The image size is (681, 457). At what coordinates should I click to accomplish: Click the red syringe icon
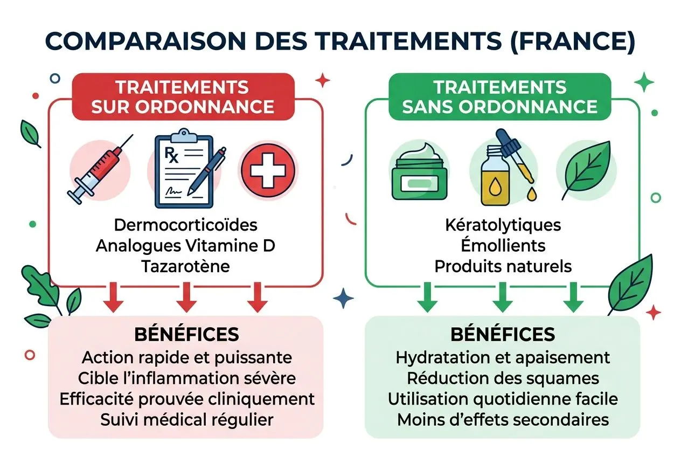[x=100, y=168]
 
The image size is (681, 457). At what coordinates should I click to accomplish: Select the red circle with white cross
[x=268, y=168]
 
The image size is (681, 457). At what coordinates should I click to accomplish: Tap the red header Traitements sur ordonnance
[x=183, y=96]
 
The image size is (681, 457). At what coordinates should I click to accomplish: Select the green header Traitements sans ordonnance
[x=499, y=96]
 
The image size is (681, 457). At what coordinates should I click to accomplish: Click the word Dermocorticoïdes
[x=185, y=225]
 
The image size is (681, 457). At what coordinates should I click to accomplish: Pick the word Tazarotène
[x=185, y=266]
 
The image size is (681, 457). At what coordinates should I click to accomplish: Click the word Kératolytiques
[x=503, y=225]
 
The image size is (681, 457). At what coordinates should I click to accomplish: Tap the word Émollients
[x=503, y=246]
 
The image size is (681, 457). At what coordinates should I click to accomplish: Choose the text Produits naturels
[x=503, y=266]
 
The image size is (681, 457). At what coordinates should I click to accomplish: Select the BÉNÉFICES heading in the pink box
[x=186, y=334]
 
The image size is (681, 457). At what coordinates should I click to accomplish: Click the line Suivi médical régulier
[x=186, y=419]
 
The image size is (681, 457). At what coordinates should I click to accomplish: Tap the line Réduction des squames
[x=503, y=378]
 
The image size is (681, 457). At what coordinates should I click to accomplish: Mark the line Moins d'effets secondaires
[x=503, y=419]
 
